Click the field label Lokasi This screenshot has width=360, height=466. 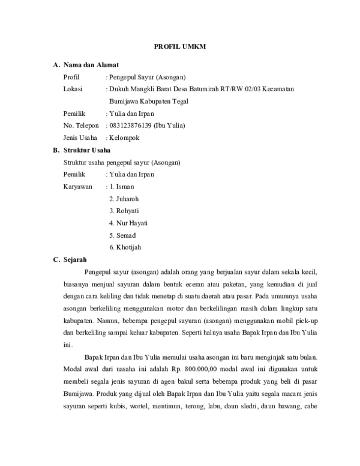tap(73, 89)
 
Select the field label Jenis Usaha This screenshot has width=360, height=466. tap(80, 138)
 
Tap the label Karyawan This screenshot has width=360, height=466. tap(78, 186)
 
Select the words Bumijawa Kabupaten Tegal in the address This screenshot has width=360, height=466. tap(147, 101)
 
